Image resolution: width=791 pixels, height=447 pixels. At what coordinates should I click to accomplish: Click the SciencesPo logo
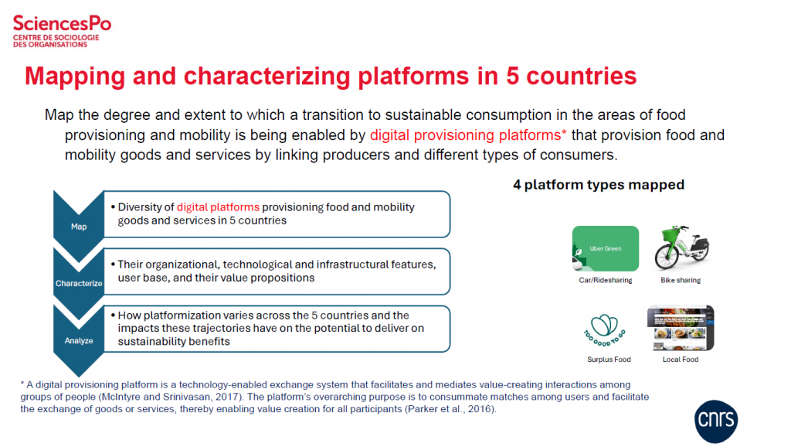[62, 31]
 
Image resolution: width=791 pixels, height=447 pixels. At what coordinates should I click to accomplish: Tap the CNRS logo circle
[716, 421]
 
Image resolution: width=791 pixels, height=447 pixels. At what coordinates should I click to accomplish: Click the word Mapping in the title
[75, 77]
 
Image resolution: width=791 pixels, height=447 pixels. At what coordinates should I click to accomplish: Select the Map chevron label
[79, 227]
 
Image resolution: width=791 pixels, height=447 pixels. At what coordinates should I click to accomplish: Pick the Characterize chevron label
[79, 283]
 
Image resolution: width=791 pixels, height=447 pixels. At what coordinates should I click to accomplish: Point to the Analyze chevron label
[79, 340]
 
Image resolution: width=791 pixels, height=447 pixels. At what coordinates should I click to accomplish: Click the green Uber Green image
[606, 248]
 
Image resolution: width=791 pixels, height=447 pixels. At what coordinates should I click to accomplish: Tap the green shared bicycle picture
[681, 247]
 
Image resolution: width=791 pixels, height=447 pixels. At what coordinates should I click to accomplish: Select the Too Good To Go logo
[605, 330]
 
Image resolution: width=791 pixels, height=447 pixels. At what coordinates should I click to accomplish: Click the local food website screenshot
[681, 328]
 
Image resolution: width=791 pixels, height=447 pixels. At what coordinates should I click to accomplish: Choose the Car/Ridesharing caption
[606, 280]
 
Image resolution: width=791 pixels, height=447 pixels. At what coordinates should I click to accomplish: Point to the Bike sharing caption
[681, 280]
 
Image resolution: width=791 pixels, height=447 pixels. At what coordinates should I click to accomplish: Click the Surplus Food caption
[609, 360]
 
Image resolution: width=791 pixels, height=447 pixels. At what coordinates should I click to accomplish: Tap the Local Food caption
[681, 360]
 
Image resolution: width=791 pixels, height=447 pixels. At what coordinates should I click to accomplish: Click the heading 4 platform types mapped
[599, 185]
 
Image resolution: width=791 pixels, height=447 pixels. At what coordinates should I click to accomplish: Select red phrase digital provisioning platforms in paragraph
[468, 135]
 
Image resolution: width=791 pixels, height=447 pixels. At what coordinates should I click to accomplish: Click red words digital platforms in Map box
[218, 207]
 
